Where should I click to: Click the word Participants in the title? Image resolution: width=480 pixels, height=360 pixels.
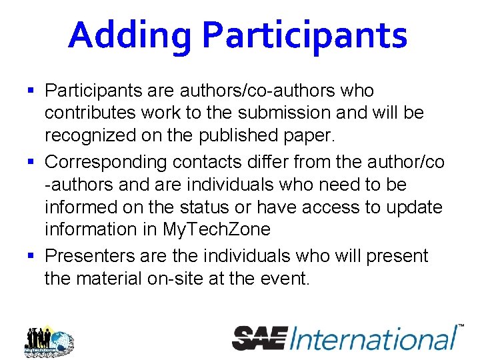[x=305, y=35]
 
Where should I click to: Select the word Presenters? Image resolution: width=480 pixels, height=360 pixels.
[x=89, y=257]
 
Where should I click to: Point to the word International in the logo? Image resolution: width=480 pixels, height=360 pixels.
[x=373, y=337]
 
